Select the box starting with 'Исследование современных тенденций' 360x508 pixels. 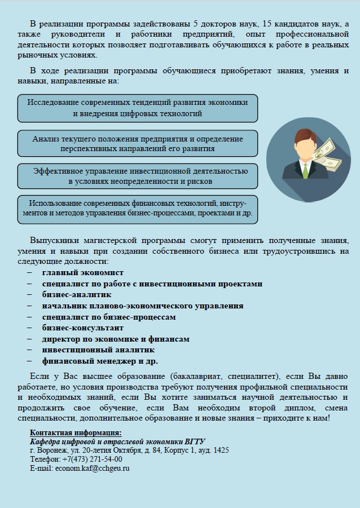click(137, 108)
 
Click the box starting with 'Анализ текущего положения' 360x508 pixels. click(137, 144)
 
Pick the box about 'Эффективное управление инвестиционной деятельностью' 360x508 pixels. click(137, 176)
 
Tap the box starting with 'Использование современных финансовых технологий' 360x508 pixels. click(137, 209)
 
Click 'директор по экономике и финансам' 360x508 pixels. click(115, 339)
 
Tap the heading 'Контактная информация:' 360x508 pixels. click(75, 432)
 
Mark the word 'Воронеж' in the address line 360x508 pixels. click(51, 450)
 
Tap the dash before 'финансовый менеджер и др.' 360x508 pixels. click(29, 361)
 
